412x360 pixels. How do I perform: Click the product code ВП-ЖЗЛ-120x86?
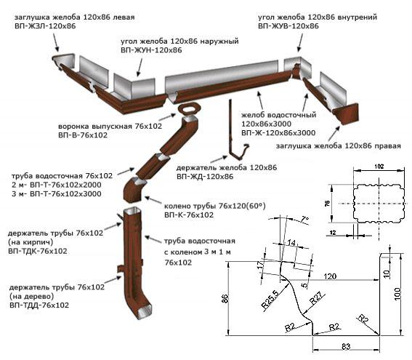(x=45, y=26)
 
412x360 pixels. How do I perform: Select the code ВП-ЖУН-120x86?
(x=151, y=50)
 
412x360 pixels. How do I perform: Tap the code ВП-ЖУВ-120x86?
(x=288, y=25)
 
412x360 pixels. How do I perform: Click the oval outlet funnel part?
(x=189, y=109)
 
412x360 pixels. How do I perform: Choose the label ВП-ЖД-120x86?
(x=205, y=176)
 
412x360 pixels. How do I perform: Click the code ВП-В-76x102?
(x=83, y=135)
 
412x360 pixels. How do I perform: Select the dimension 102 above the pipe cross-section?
(x=379, y=167)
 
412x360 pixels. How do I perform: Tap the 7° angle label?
(x=304, y=219)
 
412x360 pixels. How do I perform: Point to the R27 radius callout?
(x=318, y=298)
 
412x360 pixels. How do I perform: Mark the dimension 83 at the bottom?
(x=346, y=347)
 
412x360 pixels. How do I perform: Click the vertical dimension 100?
(x=397, y=293)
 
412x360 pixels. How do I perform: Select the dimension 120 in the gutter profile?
(x=330, y=276)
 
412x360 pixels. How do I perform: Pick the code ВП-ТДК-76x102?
(x=38, y=251)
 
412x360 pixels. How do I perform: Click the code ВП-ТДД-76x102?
(x=39, y=305)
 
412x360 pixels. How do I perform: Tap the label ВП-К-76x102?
(x=189, y=215)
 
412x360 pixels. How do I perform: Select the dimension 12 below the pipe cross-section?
(x=333, y=233)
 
